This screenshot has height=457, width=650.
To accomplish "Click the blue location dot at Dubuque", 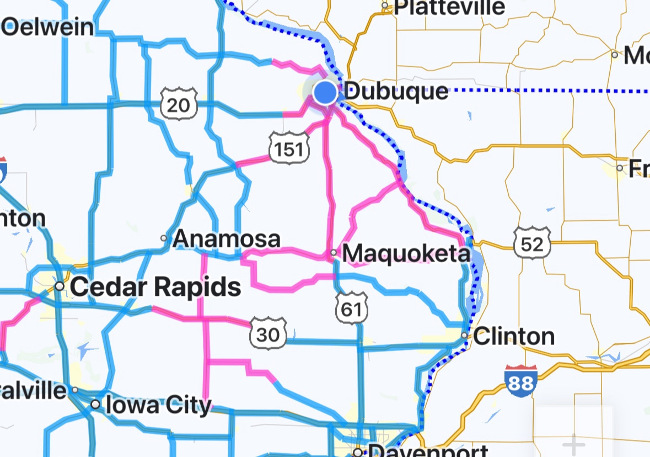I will pyautogui.click(x=326, y=92).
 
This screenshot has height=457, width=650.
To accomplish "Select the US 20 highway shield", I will pyautogui.click(x=179, y=102).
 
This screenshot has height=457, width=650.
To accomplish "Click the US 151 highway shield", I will pyautogui.click(x=289, y=147).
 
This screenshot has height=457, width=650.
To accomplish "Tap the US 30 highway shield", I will pyautogui.click(x=268, y=332).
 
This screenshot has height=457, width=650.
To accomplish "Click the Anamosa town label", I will pyautogui.click(x=227, y=240).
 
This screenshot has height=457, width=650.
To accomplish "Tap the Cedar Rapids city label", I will pyautogui.click(x=155, y=287).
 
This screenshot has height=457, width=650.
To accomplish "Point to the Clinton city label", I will pyautogui.click(x=514, y=336).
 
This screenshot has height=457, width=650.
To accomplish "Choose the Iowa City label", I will pyautogui.click(x=158, y=405).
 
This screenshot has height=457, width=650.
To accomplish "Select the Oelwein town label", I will pyautogui.click(x=48, y=27).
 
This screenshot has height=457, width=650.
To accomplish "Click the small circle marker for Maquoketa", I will pyautogui.click(x=334, y=253).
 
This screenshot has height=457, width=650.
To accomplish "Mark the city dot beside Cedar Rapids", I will pyautogui.click(x=60, y=286).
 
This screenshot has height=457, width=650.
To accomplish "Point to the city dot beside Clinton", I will pyautogui.click(x=465, y=335).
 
